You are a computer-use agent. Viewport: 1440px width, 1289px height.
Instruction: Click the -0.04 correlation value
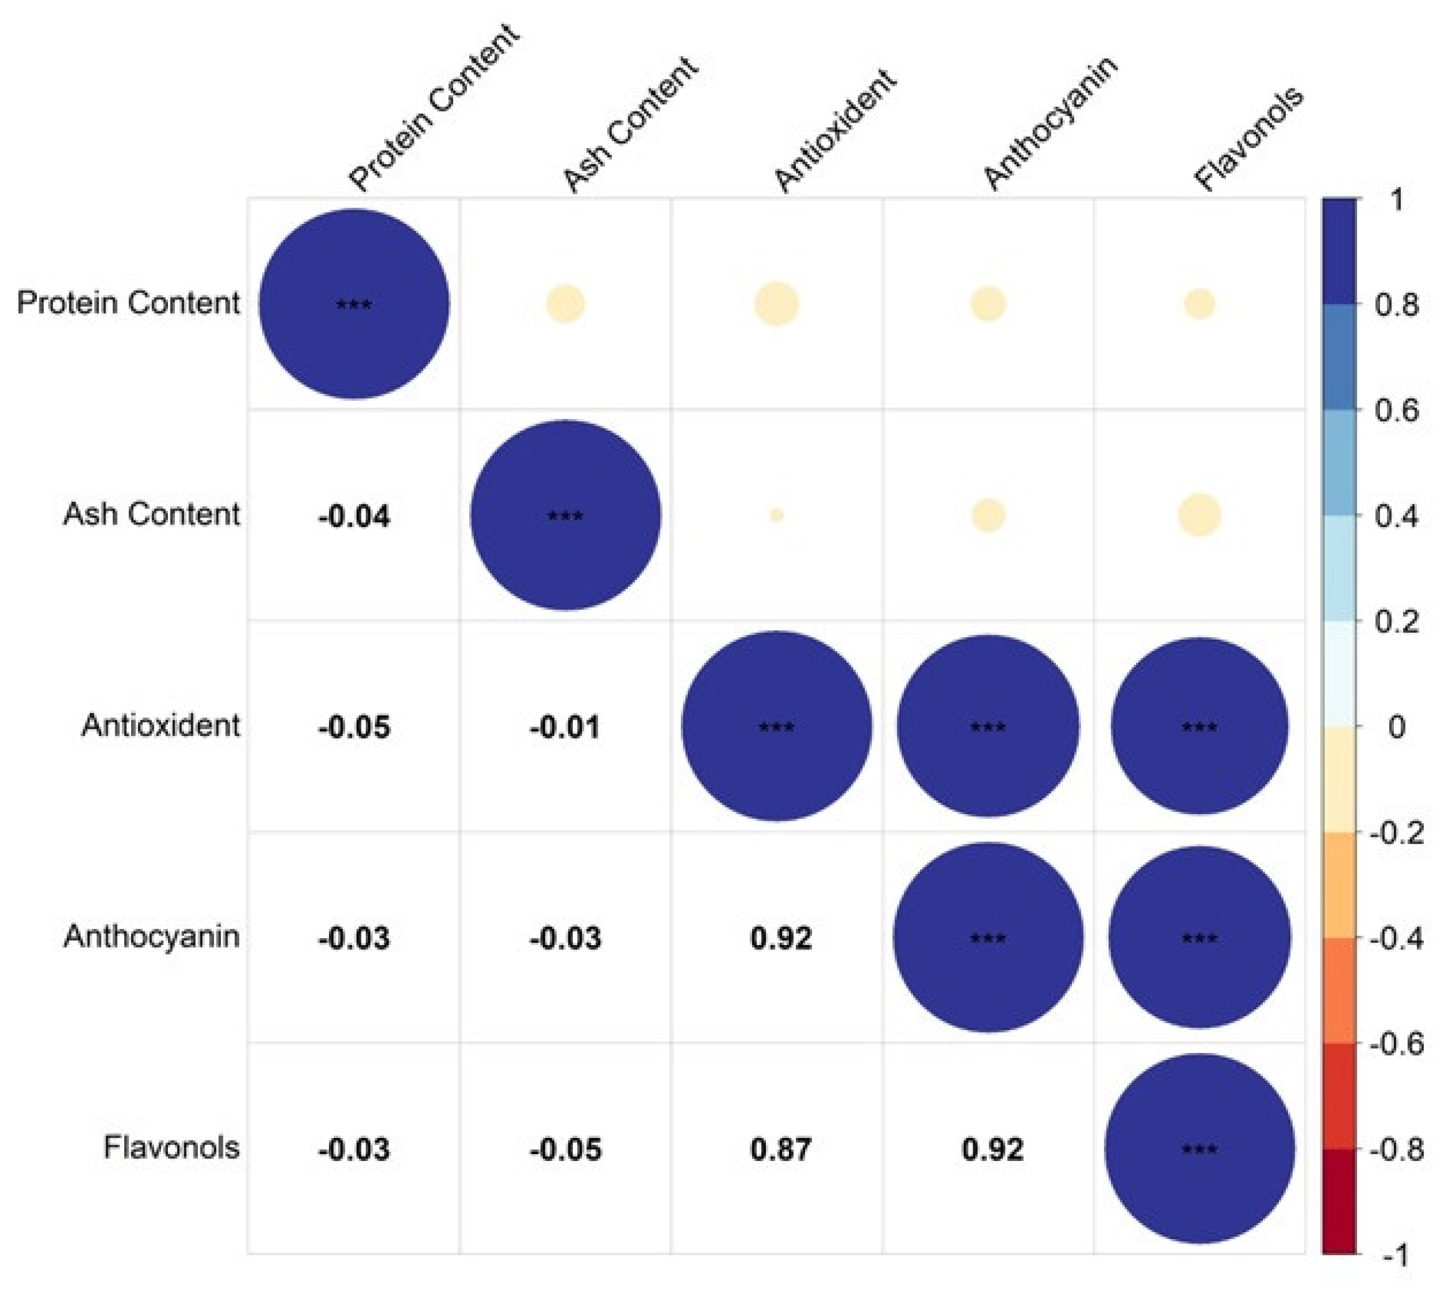(353, 516)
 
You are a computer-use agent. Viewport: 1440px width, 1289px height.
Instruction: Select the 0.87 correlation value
(781, 1149)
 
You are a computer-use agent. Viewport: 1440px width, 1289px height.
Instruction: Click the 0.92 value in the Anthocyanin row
(781, 938)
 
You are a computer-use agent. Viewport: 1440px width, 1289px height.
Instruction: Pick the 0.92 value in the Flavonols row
(992, 1149)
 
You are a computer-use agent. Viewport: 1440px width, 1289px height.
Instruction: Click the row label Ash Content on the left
(151, 514)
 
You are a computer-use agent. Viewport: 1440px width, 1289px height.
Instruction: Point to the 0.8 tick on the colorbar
(1396, 305)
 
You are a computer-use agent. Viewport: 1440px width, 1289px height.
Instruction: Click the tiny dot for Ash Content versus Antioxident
(776, 515)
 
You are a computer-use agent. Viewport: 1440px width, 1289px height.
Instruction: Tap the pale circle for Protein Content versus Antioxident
(776, 304)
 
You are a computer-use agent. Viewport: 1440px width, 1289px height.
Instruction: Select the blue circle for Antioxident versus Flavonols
(1199, 726)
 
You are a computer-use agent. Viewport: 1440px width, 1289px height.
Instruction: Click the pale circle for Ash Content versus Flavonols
(1199, 515)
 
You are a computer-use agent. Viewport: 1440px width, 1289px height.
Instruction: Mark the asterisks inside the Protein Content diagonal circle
(353, 305)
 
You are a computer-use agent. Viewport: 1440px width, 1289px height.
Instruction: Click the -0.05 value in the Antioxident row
(353, 727)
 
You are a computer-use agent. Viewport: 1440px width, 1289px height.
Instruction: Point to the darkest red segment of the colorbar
(1338, 1200)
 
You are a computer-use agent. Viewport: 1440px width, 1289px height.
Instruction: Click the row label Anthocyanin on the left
(151, 937)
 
